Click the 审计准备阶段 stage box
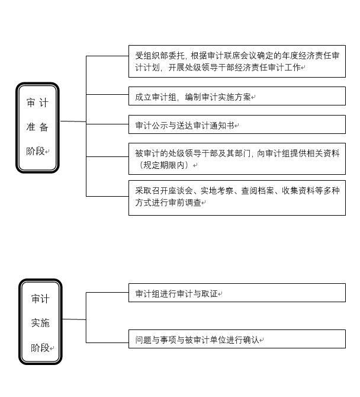click(x=37, y=127)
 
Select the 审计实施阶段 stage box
click(x=40, y=322)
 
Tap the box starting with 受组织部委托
click(x=237, y=61)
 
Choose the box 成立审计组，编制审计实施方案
click(x=237, y=96)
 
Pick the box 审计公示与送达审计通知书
click(x=237, y=124)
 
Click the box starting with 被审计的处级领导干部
click(x=237, y=159)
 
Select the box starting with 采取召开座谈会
click(x=237, y=198)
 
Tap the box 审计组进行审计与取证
click(x=237, y=293)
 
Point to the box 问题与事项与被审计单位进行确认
click(x=237, y=339)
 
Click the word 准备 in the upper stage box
click(x=37, y=127)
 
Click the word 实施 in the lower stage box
click(x=40, y=323)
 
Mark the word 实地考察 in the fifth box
click(x=217, y=191)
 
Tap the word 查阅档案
click(x=258, y=191)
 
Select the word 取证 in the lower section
click(x=210, y=294)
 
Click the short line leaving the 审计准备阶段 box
click(x=73, y=121)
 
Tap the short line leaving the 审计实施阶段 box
click(x=74, y=319)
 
